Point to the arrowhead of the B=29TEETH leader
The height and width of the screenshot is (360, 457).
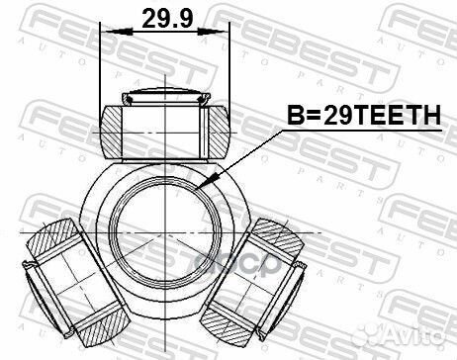201,189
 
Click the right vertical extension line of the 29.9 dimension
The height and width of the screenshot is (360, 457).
229,69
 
